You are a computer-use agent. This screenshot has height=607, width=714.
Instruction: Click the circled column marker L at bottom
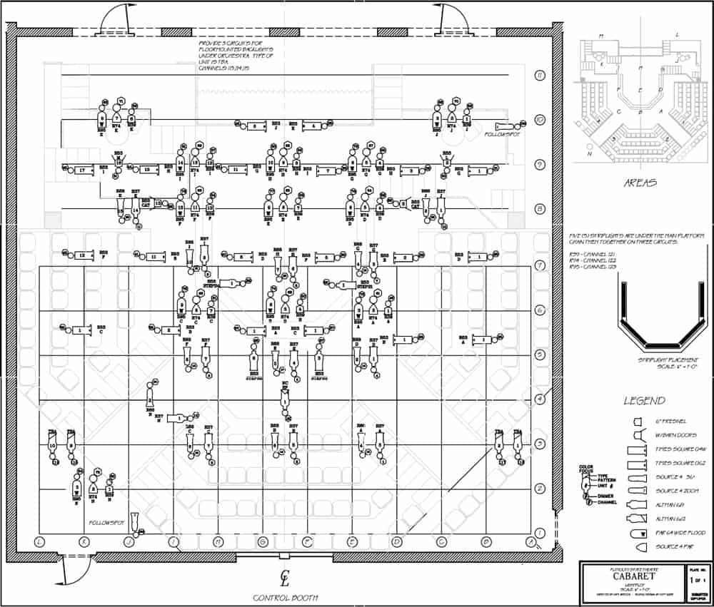tap(40, 543)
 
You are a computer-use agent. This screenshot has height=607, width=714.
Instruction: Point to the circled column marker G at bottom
tap(263, 543)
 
